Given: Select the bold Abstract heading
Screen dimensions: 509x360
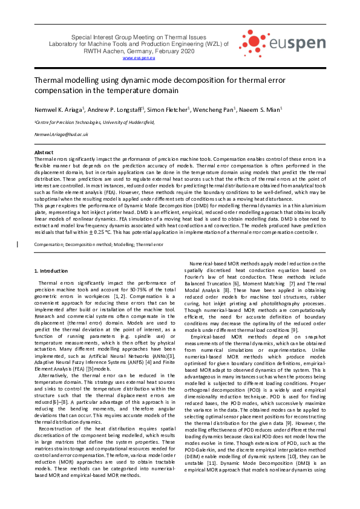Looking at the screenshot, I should (44, 153).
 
